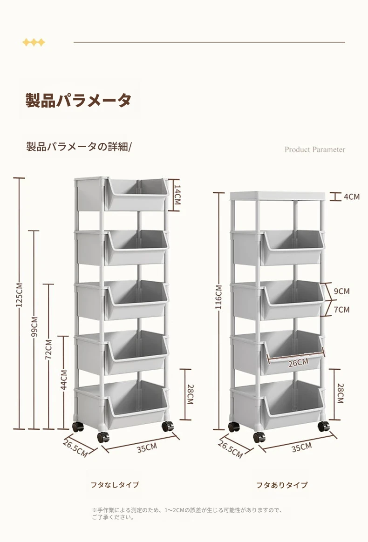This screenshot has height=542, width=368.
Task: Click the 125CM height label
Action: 20,295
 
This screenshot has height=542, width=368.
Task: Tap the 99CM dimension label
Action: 34,327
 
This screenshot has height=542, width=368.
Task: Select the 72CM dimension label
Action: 49,350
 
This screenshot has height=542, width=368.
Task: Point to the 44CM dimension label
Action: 64,379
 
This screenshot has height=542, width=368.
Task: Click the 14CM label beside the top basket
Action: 177,195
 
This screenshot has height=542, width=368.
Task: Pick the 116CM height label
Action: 218,298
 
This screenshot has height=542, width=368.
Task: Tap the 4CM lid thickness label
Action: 352,196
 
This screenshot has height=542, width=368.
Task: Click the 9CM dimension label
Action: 342,291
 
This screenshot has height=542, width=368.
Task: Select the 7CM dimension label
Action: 342,309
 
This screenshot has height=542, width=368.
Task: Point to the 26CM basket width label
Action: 298,363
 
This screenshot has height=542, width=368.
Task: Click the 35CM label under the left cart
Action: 147,448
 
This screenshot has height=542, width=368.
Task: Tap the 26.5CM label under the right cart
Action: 230,449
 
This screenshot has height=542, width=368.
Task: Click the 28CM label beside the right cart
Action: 341,393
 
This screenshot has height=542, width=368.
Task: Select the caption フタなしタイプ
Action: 115,485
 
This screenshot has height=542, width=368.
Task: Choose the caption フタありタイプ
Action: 281,485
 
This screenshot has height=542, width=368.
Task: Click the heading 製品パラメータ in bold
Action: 79,100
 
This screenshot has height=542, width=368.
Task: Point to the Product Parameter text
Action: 315,149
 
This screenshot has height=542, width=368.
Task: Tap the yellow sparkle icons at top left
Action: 34,42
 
